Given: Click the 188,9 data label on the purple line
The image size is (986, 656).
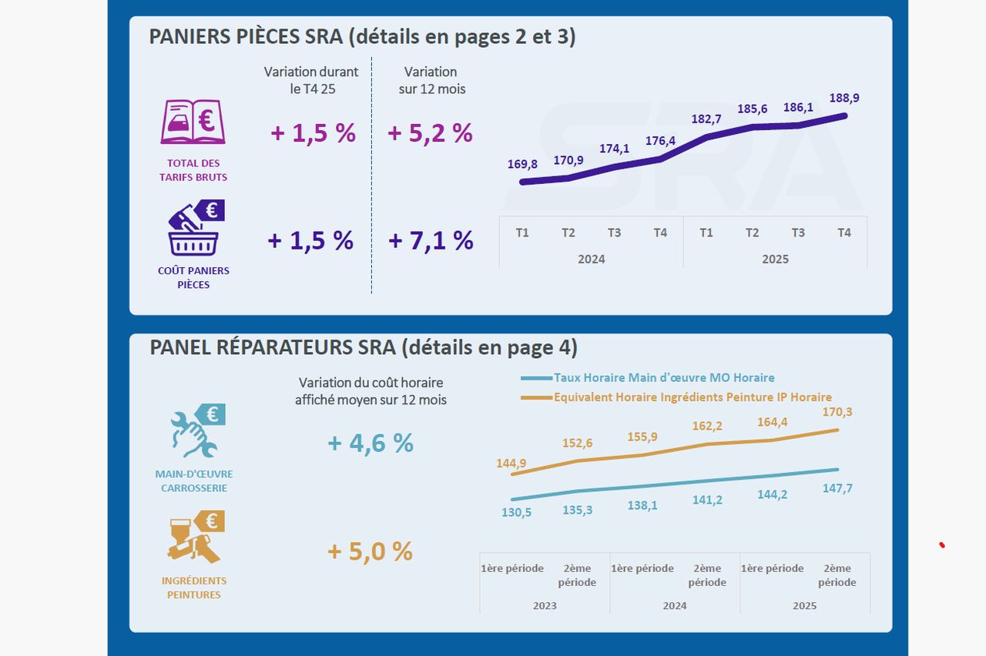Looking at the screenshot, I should pos(844,99).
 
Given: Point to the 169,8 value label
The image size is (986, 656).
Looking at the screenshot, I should pos(522,164).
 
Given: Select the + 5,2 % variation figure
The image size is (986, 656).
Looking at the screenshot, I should pos(430,133).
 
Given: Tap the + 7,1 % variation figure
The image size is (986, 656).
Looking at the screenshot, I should pos(431,241).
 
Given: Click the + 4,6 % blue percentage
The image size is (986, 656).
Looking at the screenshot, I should pos(371,443).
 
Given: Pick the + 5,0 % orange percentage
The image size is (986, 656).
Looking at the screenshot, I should pos(371,551).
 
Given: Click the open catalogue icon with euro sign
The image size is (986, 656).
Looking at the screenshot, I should pos(193,122).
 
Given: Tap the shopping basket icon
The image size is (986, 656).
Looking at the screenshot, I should pos(194,229).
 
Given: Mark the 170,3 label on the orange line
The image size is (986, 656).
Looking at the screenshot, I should pos(837,412).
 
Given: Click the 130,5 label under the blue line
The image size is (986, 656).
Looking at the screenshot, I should pos(516,513).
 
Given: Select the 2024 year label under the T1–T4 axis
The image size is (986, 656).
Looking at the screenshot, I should pos(591,259).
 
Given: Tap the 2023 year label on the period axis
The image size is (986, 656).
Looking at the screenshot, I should pos(545,606).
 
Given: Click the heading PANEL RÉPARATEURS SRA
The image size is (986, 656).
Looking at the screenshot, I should pos(363,348).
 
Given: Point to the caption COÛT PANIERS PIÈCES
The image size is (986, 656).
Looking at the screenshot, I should pos(193,278).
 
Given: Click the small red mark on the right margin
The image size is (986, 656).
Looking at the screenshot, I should pos(942,546).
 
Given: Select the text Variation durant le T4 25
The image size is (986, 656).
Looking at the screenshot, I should pos(310,80).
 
